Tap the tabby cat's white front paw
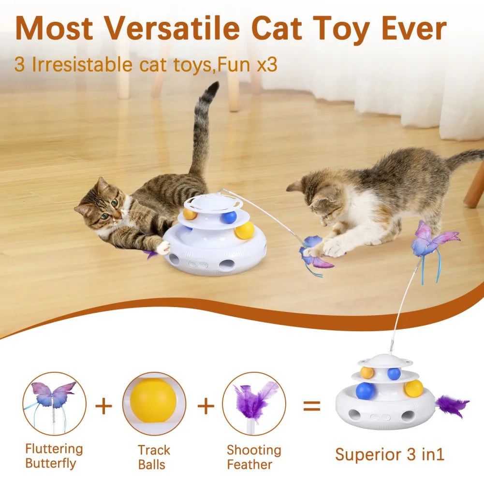click(x=164, y=248)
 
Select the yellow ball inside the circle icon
click(x=153, y=400)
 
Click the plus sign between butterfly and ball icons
click(x=103, y=406)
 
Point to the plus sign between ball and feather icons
click(x=205, y=406)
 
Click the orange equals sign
click(x=311, y=406)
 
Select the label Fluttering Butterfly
click(x=54, y=456)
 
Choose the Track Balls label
click(x=153, y=457)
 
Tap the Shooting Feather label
click(x=254, y=457)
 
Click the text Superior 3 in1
click(x=390, y=455)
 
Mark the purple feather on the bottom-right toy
click(x=452, y=405)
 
